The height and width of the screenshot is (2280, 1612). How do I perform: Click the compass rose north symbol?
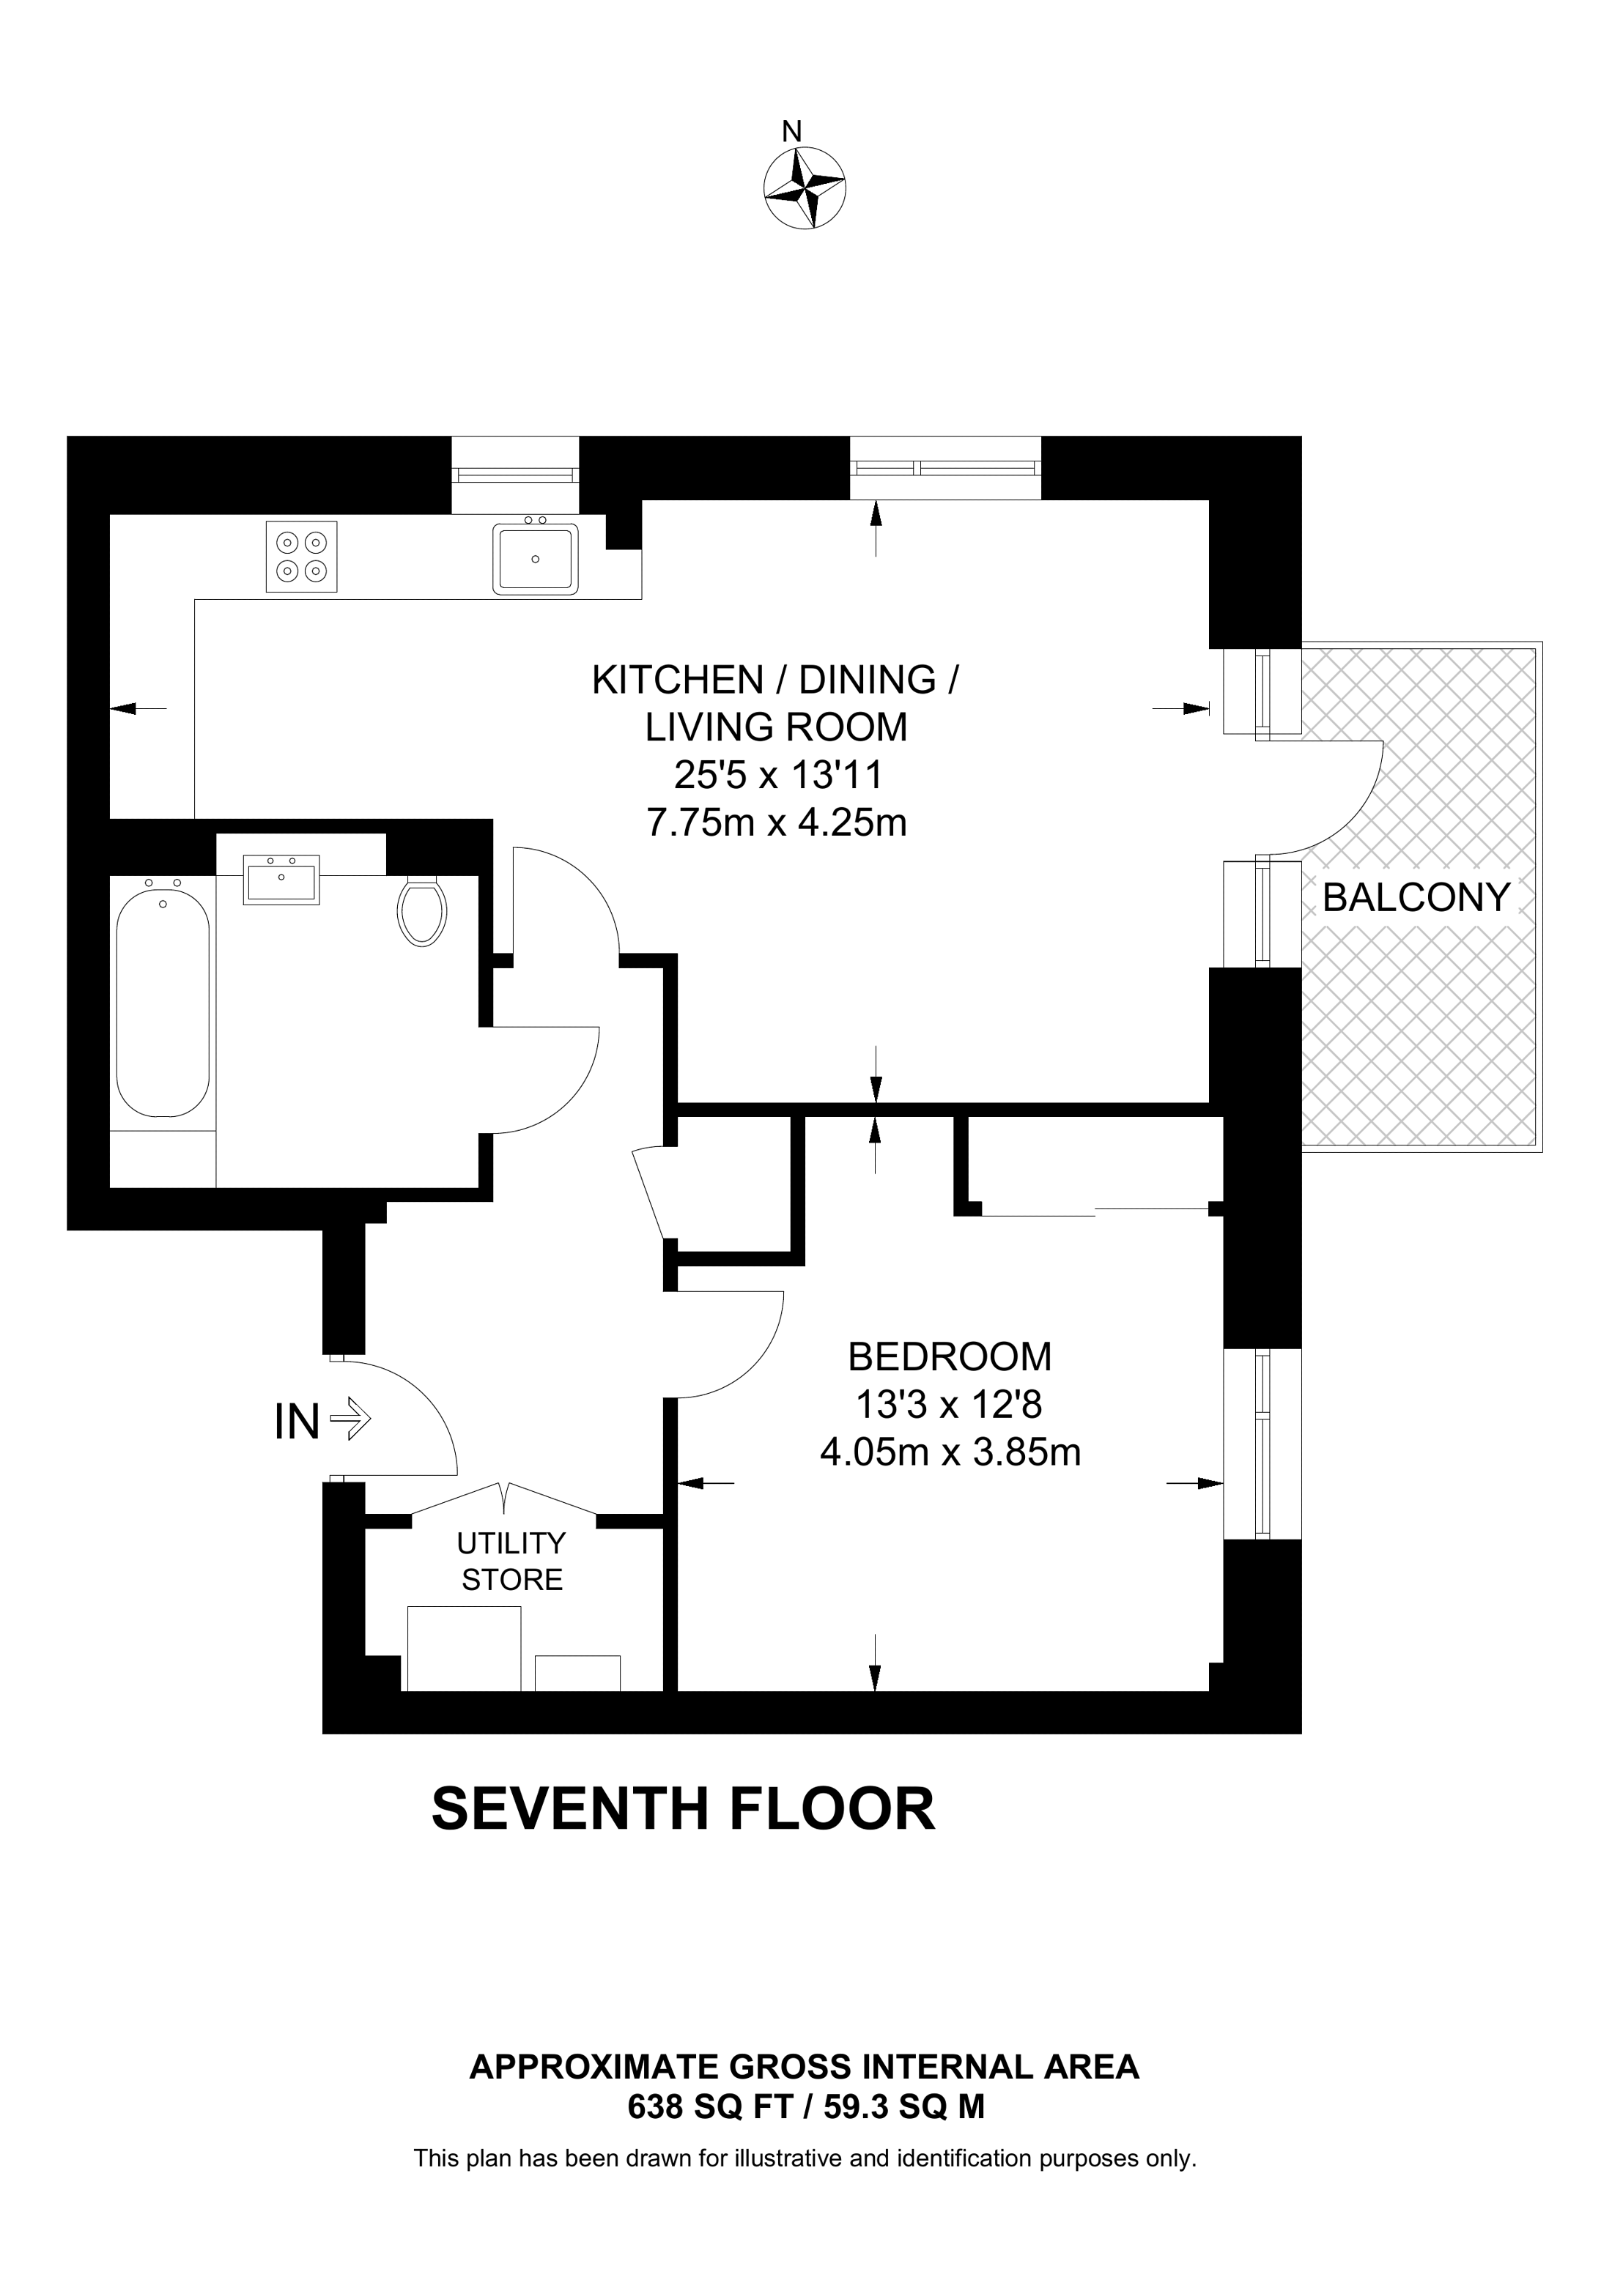pos(805,187)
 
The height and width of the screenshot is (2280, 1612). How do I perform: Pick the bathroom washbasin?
pos(282,879)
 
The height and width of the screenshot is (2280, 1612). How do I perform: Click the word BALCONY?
pos(1416,898)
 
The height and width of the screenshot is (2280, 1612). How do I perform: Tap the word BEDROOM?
pos(950,1356)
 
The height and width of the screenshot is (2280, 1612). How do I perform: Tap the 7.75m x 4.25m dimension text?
pos(777,823)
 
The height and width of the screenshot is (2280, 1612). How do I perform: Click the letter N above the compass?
pos(791,131)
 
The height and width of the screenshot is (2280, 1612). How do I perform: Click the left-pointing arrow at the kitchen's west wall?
pos(138,708)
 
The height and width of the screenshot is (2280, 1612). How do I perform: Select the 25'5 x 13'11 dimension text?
pos(777,775)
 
